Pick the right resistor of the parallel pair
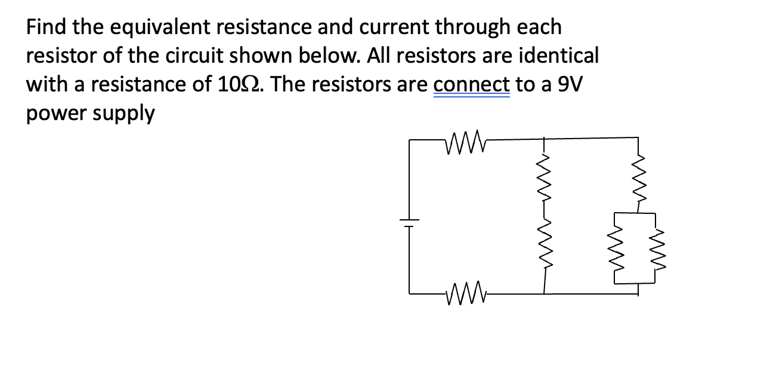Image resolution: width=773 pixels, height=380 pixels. pos(657,248)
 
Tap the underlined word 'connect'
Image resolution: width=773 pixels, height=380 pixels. pos(471,84)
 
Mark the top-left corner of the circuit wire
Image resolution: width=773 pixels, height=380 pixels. pos(410,140)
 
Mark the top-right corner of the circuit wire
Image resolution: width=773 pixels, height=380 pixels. pos(639,138)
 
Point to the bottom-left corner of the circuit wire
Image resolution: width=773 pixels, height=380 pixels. pos(410,293)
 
